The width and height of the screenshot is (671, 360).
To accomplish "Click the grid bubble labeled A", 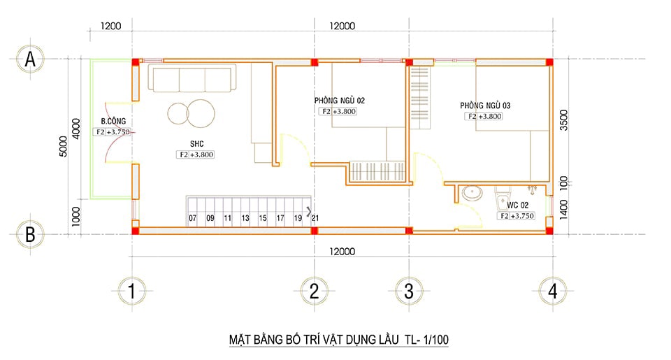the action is tap(30, 59).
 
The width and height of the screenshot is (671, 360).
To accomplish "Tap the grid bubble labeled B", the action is tap(30, 234).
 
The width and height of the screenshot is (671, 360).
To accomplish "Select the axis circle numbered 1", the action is tap(132, 291).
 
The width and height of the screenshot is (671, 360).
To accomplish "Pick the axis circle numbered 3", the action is tap(409, 291).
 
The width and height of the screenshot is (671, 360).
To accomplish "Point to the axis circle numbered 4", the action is tap(552, 291).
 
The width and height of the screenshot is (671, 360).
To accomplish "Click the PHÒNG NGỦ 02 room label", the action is tap(340, 101).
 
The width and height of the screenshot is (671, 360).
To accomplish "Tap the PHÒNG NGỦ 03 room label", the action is tap(485, 106).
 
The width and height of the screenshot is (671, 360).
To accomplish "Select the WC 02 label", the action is tap(518, 205).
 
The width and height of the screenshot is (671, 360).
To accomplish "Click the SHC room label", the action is tap(197, 144).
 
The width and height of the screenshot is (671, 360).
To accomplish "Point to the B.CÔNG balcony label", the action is tap(113, 121).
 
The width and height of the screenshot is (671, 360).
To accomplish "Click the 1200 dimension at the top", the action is tap(111, 26).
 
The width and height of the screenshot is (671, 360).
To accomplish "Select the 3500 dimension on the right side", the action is tap(563, 120).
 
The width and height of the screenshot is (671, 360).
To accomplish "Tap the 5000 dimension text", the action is tap(64, 146).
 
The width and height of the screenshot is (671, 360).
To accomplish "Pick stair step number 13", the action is tap(245, 218).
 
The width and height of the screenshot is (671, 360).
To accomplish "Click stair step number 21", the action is tap(315, 218).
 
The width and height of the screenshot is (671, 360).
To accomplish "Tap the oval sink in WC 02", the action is tap(472, 193).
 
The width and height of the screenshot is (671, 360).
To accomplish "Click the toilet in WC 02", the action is tap(502, 198).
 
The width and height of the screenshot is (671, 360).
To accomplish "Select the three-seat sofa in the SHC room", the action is tap(192, 78).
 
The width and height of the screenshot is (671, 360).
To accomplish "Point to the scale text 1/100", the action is tap(435, 340).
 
